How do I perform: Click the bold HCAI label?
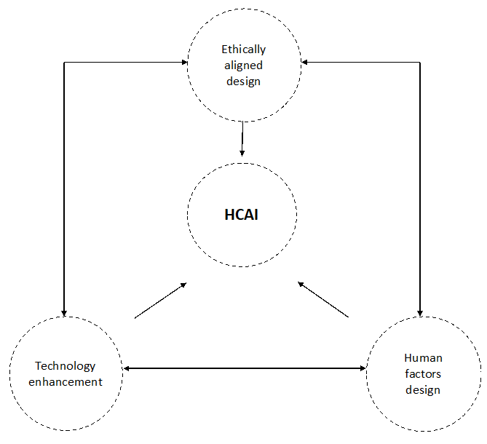[242, 215]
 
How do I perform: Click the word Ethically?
[243, 49]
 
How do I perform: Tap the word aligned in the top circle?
[243, 66]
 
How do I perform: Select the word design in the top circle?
[243, 82]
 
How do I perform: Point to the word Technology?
[66, 366]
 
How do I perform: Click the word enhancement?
[66, 382]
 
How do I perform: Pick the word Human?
[423, 358]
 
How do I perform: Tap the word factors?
[423, 374]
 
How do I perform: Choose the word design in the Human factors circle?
[423, 390]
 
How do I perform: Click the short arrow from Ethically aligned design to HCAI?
[242, 138]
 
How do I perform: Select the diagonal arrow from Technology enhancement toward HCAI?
[160, 300]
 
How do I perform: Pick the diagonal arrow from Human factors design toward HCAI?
[323, 299]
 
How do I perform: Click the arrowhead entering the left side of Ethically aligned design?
[185, 62]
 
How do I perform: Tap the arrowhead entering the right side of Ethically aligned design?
[304, 62]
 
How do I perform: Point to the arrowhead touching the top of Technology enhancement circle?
[64, 313]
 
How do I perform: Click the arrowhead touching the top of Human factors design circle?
[420, 313]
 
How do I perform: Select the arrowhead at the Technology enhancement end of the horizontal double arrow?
[127, 368]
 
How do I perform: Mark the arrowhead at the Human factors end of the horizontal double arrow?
[363, 368]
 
